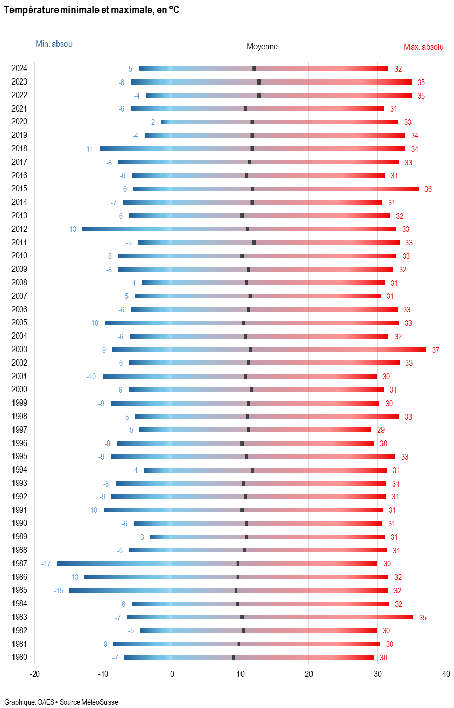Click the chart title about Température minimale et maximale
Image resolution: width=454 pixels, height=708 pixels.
coord(91,10)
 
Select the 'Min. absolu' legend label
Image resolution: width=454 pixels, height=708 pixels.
coord(54,44)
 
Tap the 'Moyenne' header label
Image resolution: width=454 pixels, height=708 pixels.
coord(262,47)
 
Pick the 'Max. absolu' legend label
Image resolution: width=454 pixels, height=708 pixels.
coord(423,47)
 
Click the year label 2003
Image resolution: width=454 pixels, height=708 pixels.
coord(19,350)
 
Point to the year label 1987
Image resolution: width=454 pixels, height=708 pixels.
coord(19,564)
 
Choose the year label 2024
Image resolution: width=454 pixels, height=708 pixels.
coord(19,68)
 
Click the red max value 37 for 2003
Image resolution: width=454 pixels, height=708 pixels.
coord(435,350)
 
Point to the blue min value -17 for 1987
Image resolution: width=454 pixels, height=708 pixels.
coord(46,564)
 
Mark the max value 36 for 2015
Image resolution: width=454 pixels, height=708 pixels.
coord(428,189)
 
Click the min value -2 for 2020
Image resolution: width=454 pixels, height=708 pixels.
coord(152,122)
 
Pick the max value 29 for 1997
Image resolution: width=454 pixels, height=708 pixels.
coord(380,430)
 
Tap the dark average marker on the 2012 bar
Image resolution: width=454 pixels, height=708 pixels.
coord(248,229)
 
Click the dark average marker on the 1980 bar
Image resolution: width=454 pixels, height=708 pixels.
coord(233,658)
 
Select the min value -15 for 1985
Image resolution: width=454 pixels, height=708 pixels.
coord(59,591)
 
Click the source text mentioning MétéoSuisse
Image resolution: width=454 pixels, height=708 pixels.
coord(61,702)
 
